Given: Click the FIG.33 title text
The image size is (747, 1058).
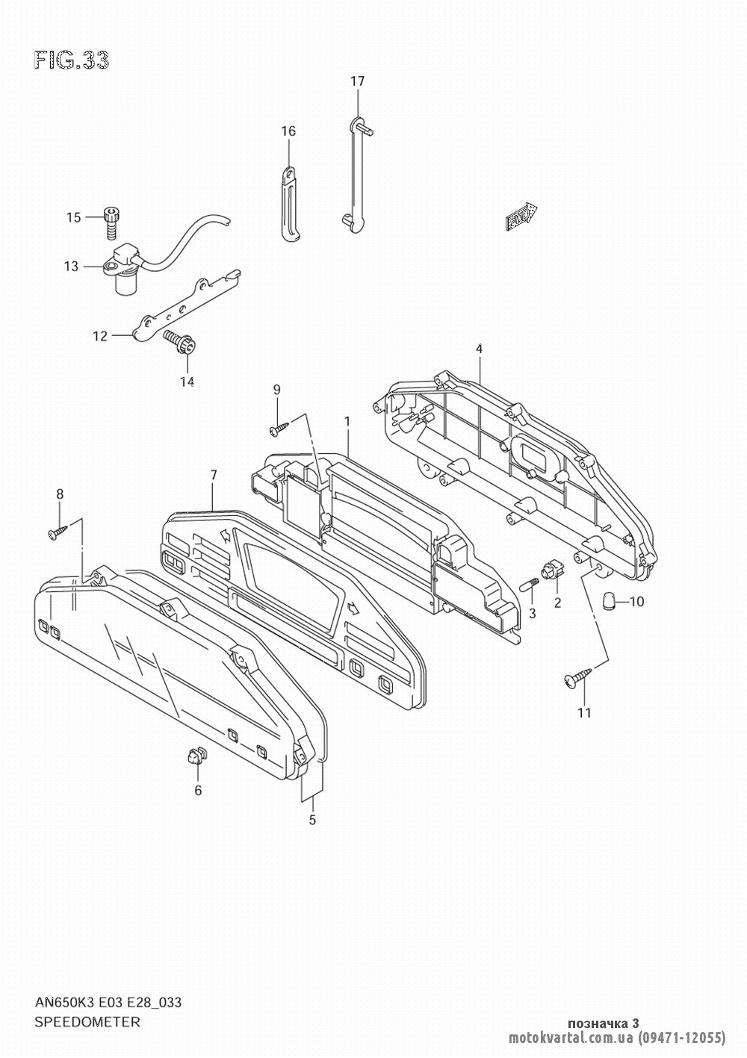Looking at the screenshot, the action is [72, 60].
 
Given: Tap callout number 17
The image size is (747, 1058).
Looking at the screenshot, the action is [357, 81].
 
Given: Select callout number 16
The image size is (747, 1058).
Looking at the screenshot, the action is [288, 131].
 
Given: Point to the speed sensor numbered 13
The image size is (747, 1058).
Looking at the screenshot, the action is [125, 272].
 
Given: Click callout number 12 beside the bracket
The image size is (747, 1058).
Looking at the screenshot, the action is [100, 336].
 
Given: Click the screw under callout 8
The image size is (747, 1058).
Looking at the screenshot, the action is [58, 532].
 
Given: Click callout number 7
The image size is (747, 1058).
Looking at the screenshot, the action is [214, 475].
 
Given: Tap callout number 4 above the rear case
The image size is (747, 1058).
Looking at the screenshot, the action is [479, 349].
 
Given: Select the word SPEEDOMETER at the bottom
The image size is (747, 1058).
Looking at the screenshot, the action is [87, 1020].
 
